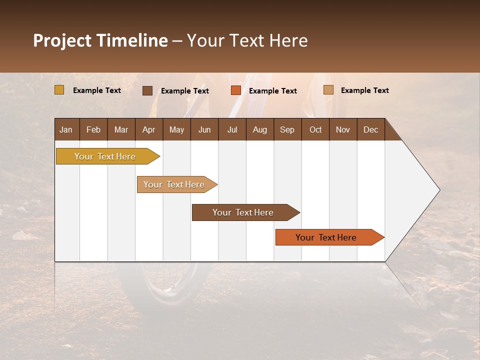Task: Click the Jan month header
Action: tap(66, 129)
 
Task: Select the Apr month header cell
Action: tap(148, 129)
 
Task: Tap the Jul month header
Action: tap(232, 129)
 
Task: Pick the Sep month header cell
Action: tap(287, 129)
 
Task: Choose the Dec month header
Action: tap(370, 129)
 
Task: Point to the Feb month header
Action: tap(93, 129)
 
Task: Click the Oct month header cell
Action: tap(315, 129)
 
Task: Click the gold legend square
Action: tap(59, 90)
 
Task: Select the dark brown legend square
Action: tap(147, 90)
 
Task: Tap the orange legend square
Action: tap(236, 90)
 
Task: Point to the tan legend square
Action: tap(328, 90)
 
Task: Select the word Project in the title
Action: tap(62, 40)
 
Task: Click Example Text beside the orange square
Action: tap(272, 90)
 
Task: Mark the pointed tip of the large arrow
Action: tap(439, 190)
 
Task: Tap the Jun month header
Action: tap(204, 129)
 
